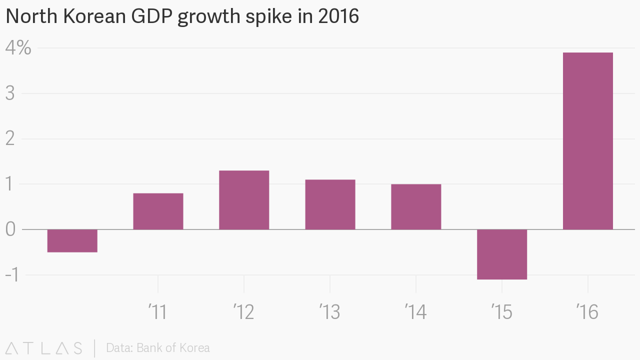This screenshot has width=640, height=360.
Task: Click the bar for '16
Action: (587, 141)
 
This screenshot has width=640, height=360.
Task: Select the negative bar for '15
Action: (501, 254)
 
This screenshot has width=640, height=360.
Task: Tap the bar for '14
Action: (416, 206)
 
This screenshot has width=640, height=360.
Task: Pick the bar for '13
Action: (330, 204)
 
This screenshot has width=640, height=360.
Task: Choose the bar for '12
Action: (244, 200)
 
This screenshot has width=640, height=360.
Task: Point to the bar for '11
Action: (158, 211)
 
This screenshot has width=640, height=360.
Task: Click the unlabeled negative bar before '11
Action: (72, 240)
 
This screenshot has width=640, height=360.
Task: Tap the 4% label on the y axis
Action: (18, 48)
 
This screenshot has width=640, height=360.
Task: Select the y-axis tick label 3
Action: (10, 93)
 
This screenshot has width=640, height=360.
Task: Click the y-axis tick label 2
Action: (10, 139)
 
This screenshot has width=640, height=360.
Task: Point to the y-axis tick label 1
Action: (10, 184)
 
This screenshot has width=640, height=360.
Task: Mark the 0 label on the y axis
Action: (10, 229)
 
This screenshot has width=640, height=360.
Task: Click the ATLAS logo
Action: (44, 348)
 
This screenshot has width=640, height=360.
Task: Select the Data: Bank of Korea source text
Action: (158, 348)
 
